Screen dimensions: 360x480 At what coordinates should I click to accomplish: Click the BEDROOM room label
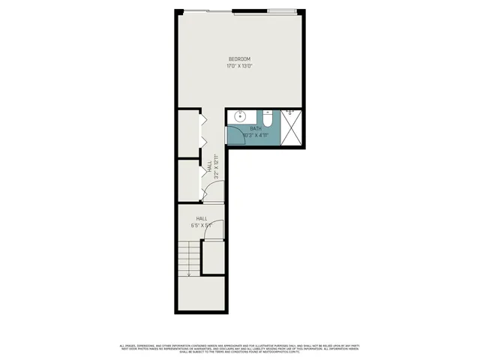[x=239, y=59]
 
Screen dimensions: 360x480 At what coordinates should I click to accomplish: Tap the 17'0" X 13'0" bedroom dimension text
[x=239, y=66]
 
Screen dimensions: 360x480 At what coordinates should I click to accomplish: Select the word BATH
[x=256, y=129]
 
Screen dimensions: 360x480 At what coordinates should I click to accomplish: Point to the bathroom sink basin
[x=241, y=116]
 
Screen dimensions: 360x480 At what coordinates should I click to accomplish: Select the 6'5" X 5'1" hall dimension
[x=202, y=224]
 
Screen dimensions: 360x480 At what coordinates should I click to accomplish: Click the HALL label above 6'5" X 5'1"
[x=202, y=218]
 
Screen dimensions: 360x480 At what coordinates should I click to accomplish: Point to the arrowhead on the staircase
[x=190, y=274]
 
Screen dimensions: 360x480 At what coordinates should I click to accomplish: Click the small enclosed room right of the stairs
[x=214, y=258]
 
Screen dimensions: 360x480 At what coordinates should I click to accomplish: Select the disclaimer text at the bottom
[x=239, y=348]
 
